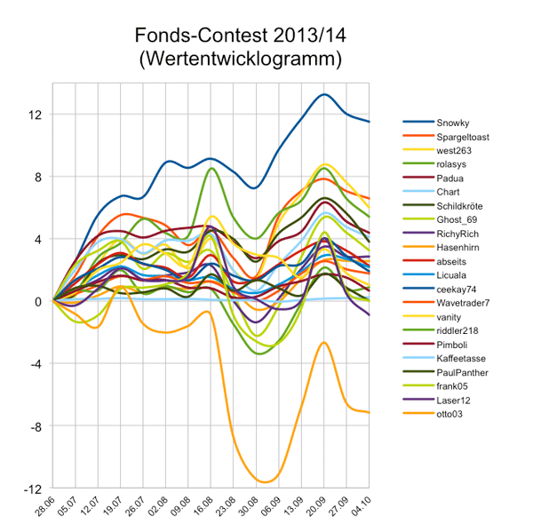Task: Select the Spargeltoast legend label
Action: coord(462,137)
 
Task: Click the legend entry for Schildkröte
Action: coord(460,206)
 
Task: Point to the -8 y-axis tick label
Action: coord(36,426)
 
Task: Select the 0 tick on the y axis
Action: coord(38,302)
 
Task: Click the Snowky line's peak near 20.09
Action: coord(324,94)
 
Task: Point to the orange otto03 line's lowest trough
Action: coord(264,481)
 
